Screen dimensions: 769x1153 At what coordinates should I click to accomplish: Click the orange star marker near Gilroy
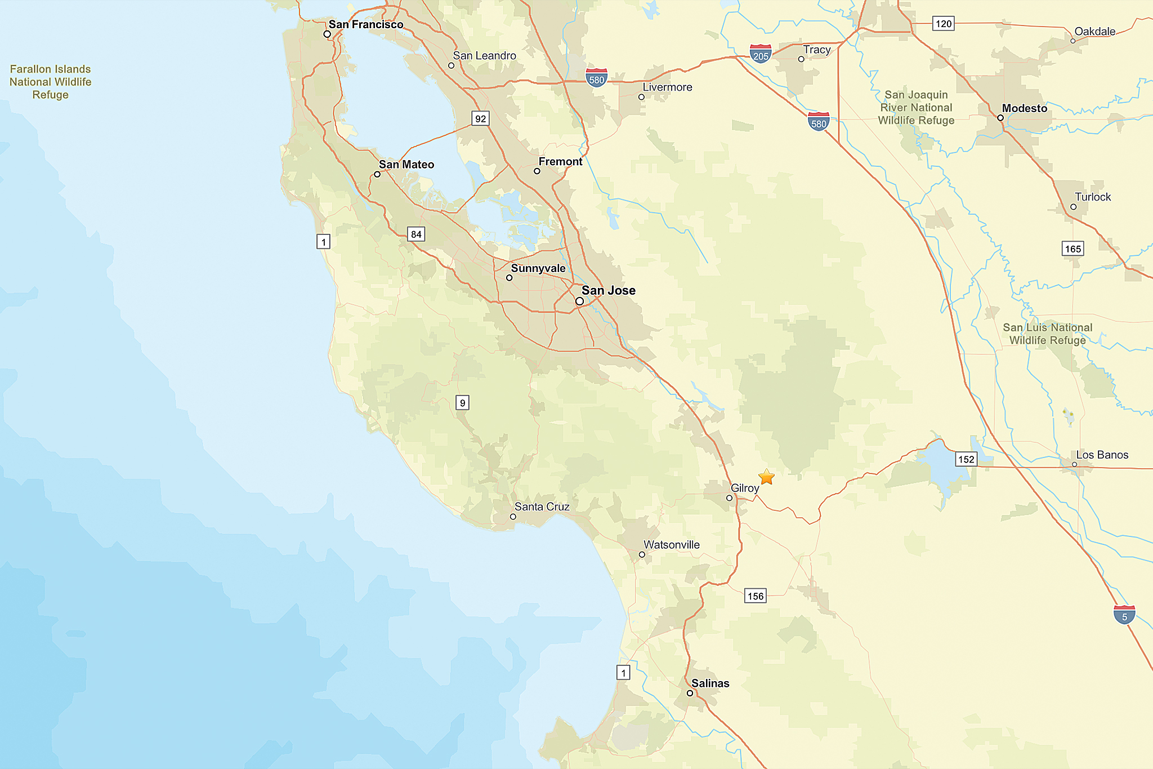(x=766, y=477)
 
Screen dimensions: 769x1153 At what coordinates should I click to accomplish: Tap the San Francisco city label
(x=366, y=24)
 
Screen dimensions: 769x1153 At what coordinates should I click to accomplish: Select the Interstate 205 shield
(x=761, y=54)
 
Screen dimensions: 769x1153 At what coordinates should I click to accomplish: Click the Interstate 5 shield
(x=1124, y=615)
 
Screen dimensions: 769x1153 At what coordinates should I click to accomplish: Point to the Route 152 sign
(x=966, y=459)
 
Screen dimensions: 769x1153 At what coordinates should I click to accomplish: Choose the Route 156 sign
(x=756, y=596)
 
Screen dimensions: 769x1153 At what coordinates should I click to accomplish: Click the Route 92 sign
(x=480, y=118)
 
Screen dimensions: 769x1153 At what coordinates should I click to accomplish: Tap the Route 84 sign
(x=416, y=234)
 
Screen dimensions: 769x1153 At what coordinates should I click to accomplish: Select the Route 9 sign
(x=462, y=403)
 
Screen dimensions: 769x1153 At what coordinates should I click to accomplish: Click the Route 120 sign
(x=944, y=24)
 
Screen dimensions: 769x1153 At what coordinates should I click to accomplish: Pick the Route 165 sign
(x=1073, y=249)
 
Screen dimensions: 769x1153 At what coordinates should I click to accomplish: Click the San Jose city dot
(x=579, y=301)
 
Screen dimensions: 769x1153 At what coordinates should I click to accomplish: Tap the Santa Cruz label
(x=542, y=506)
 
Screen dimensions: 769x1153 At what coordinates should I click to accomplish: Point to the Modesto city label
(x=1025, y=108)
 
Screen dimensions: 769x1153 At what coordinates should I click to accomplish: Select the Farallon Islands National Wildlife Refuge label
(x=50, y=82)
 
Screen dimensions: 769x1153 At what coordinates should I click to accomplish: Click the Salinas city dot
(x=690, y=693)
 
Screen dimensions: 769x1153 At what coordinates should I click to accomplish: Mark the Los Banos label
(x=1102, y=455)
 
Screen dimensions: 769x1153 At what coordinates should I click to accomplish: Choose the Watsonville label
(x=672, y=545)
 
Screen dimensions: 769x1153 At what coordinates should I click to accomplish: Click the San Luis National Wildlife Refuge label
(x=1047, y=334)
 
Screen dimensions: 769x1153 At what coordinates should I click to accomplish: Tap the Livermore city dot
(x=641, y=97)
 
